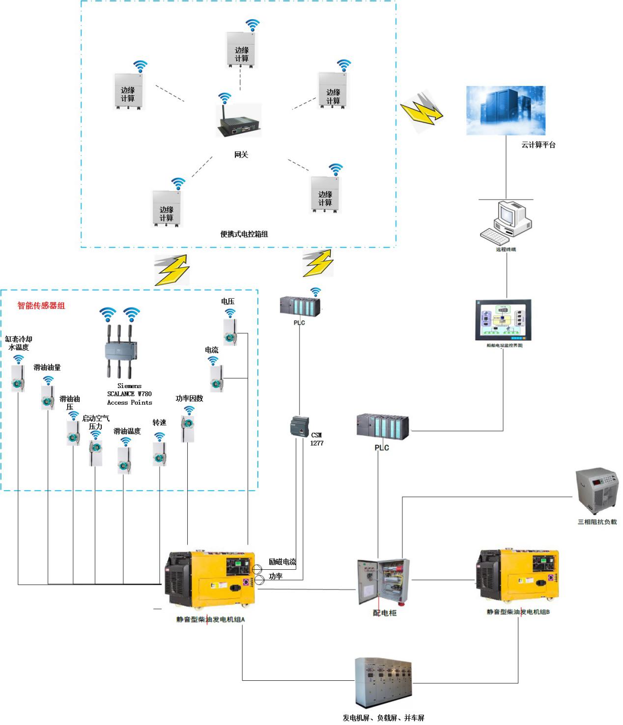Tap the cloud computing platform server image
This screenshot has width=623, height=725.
(x=506, y=110)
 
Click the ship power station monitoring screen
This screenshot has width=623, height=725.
(x=504, y=320)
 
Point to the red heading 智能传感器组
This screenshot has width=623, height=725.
(x=41, y=306)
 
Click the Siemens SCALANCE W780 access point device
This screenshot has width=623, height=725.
(x=120, y=351)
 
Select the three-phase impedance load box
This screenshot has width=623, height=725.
(x=597, y=491)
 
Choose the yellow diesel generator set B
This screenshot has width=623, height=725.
(x=518, y=578)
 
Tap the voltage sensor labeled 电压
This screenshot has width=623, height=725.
(x=230, y=332)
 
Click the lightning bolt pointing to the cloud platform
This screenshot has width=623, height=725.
(x=421, y=111)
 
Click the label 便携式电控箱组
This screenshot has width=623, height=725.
(x=244, y=234)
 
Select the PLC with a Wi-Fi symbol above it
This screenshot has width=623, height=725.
(x=300, y=307)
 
